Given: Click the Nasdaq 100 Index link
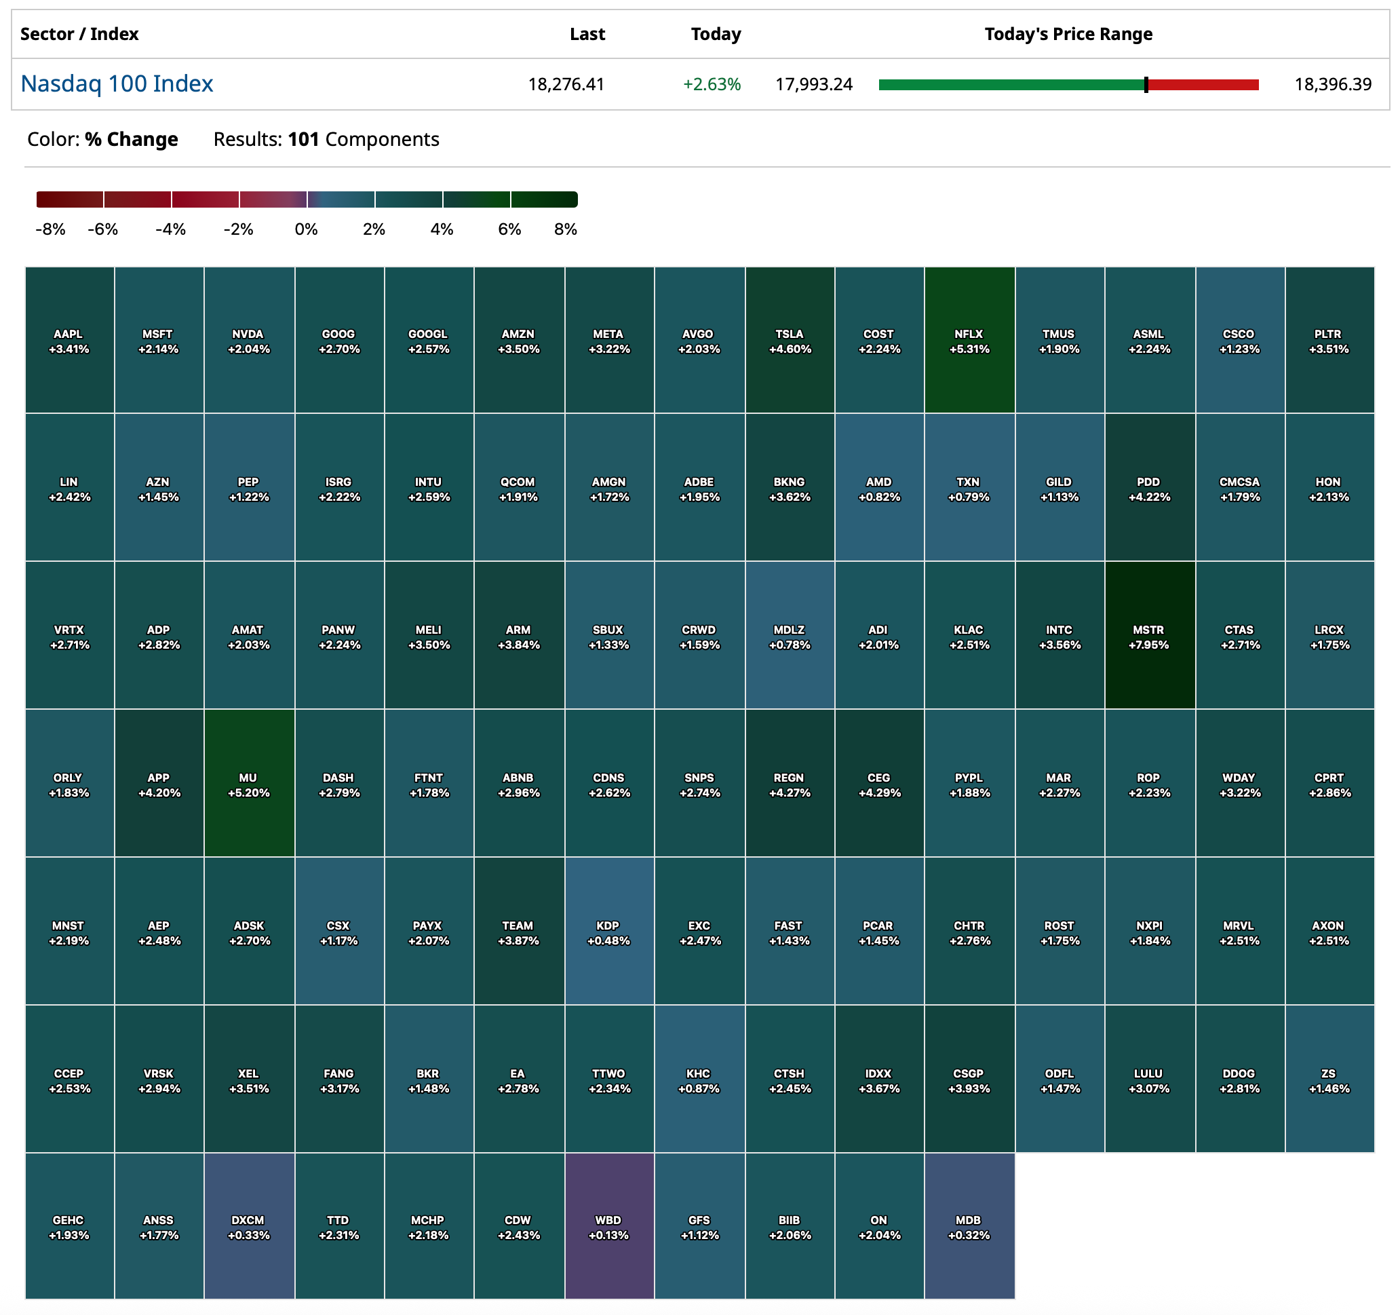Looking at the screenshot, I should tap(117, 84).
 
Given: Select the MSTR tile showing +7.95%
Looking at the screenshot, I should tap(1149, 635).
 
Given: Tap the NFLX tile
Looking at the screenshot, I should tap(969, 340).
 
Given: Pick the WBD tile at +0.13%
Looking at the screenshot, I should tap(609, 1227).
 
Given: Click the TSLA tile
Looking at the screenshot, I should tap(790, 340).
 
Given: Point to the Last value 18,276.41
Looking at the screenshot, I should tap(566, 85).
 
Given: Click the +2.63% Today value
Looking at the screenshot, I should tap(712, 85).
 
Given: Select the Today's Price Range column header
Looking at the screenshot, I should tap(1068, 34).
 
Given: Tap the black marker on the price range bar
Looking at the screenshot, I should tap(1146, 85).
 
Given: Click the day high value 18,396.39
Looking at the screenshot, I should tap(1332, 85).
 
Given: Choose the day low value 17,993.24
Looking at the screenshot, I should tap(813, 85).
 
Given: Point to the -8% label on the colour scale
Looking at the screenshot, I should tap(50, 229).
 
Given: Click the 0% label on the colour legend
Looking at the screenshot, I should tap(307, 229).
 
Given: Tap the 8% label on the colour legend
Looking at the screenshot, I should tap(566, 229).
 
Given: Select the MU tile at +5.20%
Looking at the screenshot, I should tap(248, 783).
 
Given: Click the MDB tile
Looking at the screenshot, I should tap(969, 1227).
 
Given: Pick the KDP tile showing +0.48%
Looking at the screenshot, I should tap(609, 931).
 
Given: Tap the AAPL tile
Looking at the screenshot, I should tap(69, 340).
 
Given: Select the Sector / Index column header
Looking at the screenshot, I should tap(79, 34).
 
